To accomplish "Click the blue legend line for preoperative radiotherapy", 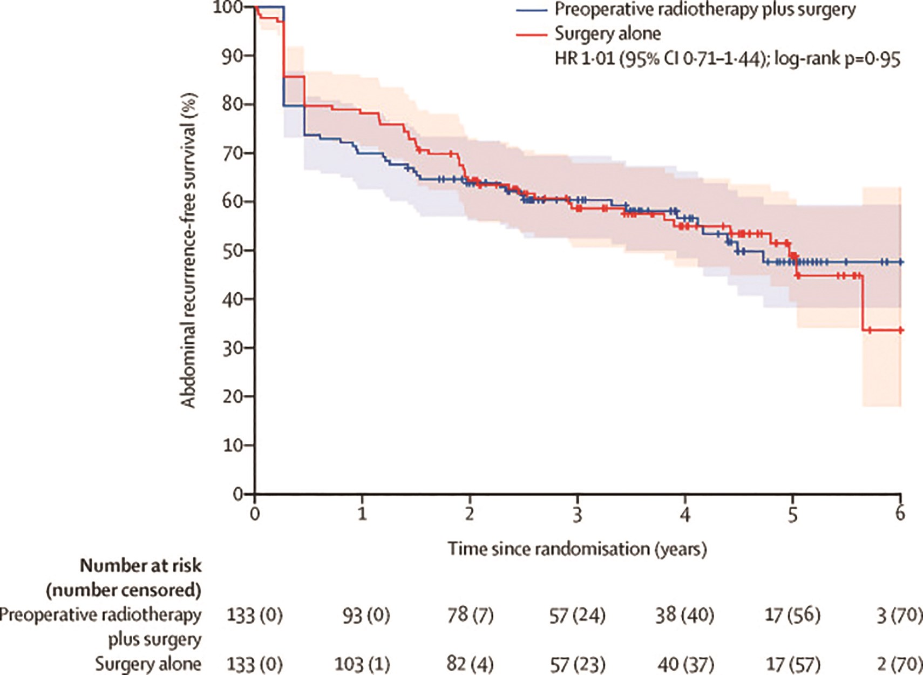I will [x=531, y=10].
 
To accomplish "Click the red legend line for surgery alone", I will [x=531, y=34].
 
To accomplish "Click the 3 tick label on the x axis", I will [x=578, y=513].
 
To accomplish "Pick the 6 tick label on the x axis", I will [x=900, y=513].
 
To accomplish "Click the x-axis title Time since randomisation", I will [x=577, y=549].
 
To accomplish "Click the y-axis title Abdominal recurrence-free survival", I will [x=188, y=251].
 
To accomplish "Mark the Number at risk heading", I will [x=140, y=565].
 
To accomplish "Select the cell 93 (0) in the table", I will [x=365, y=615].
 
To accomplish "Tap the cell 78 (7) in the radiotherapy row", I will [x=470, y=615].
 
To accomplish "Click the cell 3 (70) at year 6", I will [x=899, y=615].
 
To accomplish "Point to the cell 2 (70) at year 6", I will [x=899, y=663].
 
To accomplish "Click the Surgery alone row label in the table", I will [x=148, y=663].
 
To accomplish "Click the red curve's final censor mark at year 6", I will [x=900, y=330].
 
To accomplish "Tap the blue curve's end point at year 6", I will [x=900, y=262].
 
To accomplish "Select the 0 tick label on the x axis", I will [x=255, y=513].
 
